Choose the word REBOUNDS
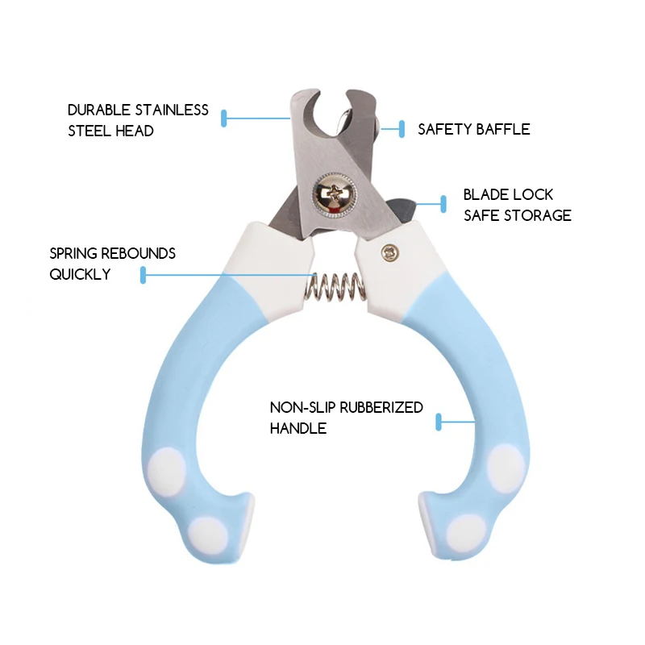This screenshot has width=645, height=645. [x=139, y=253]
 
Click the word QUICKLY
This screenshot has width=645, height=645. [x=80, y=274]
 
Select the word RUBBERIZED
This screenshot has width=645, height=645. [x=381, y=407]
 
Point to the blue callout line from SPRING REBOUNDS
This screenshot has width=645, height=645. [x=226, y=276]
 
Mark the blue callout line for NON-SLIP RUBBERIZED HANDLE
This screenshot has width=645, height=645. [x=456, y=421]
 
